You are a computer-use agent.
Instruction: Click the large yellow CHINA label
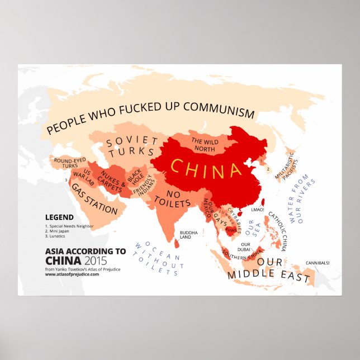[205, 168]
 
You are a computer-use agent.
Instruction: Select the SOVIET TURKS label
[132, 146]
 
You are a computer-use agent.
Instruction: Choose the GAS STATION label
[94, 202]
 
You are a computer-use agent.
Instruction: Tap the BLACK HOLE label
[134, 177]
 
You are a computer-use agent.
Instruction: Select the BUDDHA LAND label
[185, 234]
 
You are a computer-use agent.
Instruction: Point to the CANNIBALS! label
[317, 262]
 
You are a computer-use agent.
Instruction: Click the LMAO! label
[258, 210]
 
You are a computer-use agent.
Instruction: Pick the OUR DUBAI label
[244, 247]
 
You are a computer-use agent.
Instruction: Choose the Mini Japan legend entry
[61, 231]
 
